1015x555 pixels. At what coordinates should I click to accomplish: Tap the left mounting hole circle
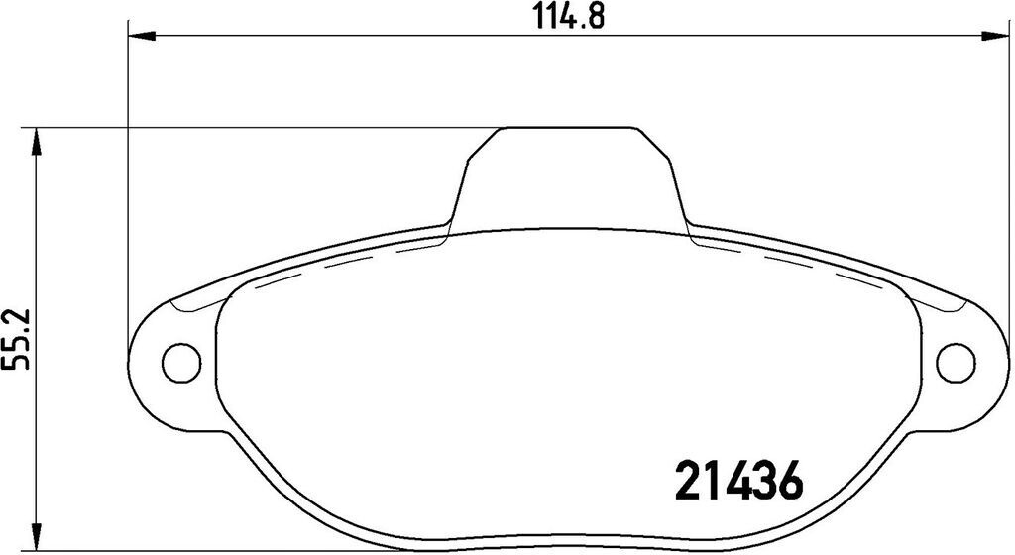(x=180, y=362)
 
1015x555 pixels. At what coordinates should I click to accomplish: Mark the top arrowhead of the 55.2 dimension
(x=37, y=141)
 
